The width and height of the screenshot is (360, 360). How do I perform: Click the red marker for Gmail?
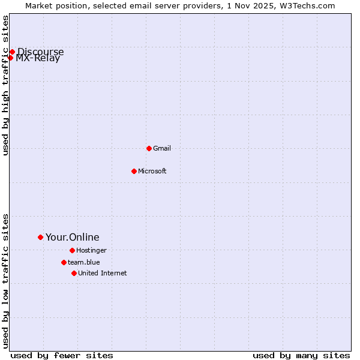[149, 148]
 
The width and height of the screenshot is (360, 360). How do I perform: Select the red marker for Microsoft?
[134, 171]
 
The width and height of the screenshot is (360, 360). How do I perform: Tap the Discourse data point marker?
[12, 52]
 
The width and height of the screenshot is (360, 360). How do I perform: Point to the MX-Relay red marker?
[10, 58]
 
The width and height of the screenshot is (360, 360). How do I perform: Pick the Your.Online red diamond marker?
[40, 237]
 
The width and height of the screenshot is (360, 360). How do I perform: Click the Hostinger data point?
[72, 250]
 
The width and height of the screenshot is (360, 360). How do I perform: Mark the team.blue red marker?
[64, 262]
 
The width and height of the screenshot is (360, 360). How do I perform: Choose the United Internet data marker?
[74, 273]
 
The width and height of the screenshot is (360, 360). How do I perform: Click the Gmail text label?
[162, 148]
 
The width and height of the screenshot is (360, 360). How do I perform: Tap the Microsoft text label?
[152, 171]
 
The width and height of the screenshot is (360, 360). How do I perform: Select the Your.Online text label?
[72, 237]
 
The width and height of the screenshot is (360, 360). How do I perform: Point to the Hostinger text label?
[91, 250]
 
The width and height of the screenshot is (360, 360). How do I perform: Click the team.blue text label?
[84, 262]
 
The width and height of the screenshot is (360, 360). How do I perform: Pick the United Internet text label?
[102, 273]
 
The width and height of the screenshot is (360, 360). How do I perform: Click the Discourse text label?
[40, 52]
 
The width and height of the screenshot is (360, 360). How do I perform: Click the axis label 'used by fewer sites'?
[62, 356]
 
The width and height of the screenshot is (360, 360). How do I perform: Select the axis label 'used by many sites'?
[301, 356]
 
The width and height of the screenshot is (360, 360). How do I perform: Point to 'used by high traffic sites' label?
[5, 85]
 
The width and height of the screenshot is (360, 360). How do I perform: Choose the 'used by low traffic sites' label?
[5, 280]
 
